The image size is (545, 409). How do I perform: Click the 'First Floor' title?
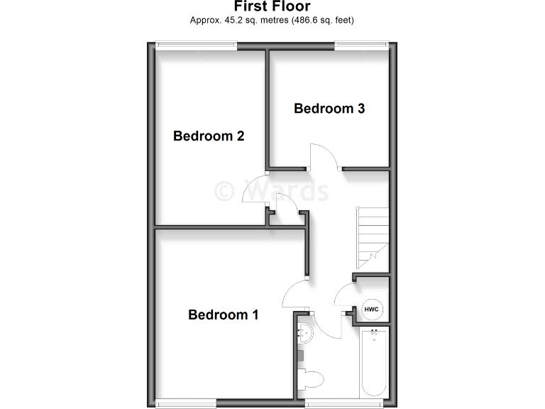(272, 6)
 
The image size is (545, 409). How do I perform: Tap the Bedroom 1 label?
(223, 314)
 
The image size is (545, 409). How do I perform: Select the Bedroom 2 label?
(209, 136)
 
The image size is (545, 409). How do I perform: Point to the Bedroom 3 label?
(329, 109)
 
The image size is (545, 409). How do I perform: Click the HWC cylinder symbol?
(372, 310)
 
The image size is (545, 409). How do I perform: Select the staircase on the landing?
(372, 234)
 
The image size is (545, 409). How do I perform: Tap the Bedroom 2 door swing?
(255, 190)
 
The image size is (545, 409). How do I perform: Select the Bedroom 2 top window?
(197, 46)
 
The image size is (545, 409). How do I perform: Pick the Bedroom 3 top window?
(361, 46)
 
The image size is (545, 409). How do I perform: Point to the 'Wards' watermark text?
(272, 191)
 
